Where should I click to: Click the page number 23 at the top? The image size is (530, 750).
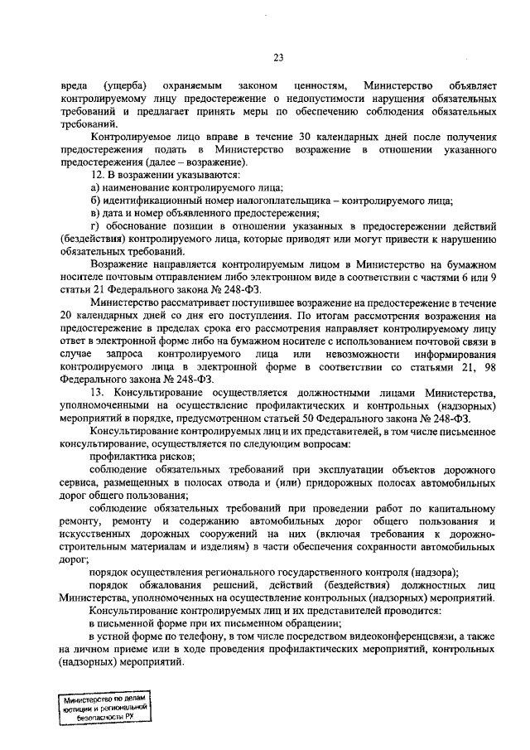click(278, 56)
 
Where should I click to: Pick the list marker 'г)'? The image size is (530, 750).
click(94, 226)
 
